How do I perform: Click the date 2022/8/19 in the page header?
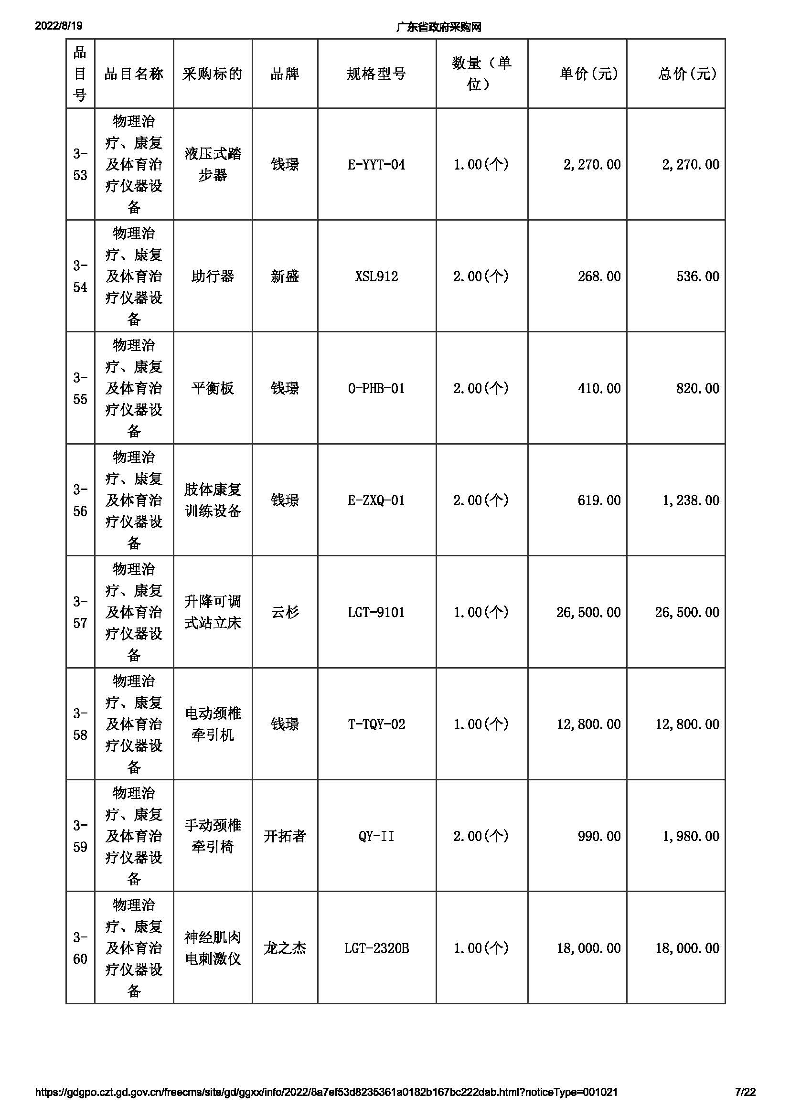click(x=58, y=26)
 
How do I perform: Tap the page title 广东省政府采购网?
click(x=438, y=27)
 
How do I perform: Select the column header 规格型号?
click(x=376, y=74)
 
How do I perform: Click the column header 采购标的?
click(x=212, y=74)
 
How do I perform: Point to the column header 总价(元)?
click(x=687, y=74)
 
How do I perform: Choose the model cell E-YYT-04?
click(x=376, y=165)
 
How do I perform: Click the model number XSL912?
click(x=376, y=277)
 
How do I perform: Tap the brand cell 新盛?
click(x=285, y=277)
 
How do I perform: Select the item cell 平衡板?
click(x=212, y=388)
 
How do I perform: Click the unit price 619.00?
click(x=599, y=500)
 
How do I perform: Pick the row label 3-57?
click(x=80, y=612)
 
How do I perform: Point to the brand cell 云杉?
click(x=285, y=612)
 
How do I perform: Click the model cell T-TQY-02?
click(x=376, y=724)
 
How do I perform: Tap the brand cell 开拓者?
click(x=285, y=836)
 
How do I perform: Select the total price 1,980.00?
click(x=691, y=836)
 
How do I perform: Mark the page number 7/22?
click(x=745, y=1092)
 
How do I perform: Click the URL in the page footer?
click(x=326, y=1092)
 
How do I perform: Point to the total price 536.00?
click(x=697, y=277)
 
